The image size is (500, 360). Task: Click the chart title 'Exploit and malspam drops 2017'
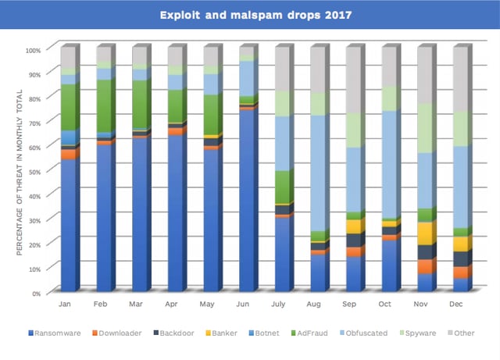255,15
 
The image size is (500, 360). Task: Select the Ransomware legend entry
55,333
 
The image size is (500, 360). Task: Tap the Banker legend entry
222,333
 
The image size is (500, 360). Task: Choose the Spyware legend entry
418,333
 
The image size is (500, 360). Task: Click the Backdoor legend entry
173,333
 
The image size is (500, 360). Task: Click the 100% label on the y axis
33,51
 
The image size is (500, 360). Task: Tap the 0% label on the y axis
36,294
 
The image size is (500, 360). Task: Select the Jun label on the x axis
242,305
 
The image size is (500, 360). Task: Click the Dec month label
455,305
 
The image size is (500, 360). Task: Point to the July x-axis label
278,305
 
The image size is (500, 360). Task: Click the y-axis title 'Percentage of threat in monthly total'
20,172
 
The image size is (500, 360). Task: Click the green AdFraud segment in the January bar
70,107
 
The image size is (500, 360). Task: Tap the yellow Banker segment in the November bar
427,233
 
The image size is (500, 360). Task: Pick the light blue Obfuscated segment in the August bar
320,173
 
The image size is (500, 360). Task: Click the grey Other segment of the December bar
462,78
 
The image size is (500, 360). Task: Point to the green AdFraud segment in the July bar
284,187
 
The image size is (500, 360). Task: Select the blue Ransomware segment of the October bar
391,266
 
